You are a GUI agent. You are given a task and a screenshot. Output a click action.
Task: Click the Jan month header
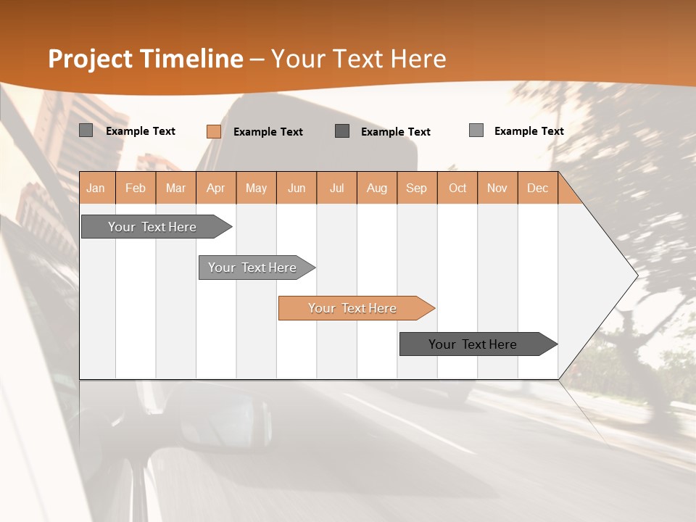point(96,188)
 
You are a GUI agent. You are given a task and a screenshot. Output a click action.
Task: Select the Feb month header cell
point(136,188)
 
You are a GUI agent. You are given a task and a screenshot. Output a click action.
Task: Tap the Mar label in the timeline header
point(175,188)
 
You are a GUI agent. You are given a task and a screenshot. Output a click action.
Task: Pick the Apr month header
point(216,188)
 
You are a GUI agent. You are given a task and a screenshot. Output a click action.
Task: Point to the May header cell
point(256,188)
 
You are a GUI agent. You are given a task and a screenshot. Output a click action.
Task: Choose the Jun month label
point(297,188)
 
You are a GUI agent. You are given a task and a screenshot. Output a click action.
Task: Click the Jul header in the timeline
point(336,188)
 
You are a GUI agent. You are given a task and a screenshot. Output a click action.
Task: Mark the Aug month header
point(377,188)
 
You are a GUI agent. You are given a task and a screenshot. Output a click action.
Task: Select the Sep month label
point(417,188)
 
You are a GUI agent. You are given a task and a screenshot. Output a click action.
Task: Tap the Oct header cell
point(457,188)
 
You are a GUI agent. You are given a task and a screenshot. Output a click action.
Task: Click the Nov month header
point(497,188)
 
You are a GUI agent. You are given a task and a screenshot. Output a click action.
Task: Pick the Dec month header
point(538,188)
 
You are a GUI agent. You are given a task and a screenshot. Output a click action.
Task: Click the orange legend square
point(214,131)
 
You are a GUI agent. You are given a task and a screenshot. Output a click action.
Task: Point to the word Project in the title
point(91,59)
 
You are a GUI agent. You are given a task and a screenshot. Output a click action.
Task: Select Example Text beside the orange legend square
point(268,132)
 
